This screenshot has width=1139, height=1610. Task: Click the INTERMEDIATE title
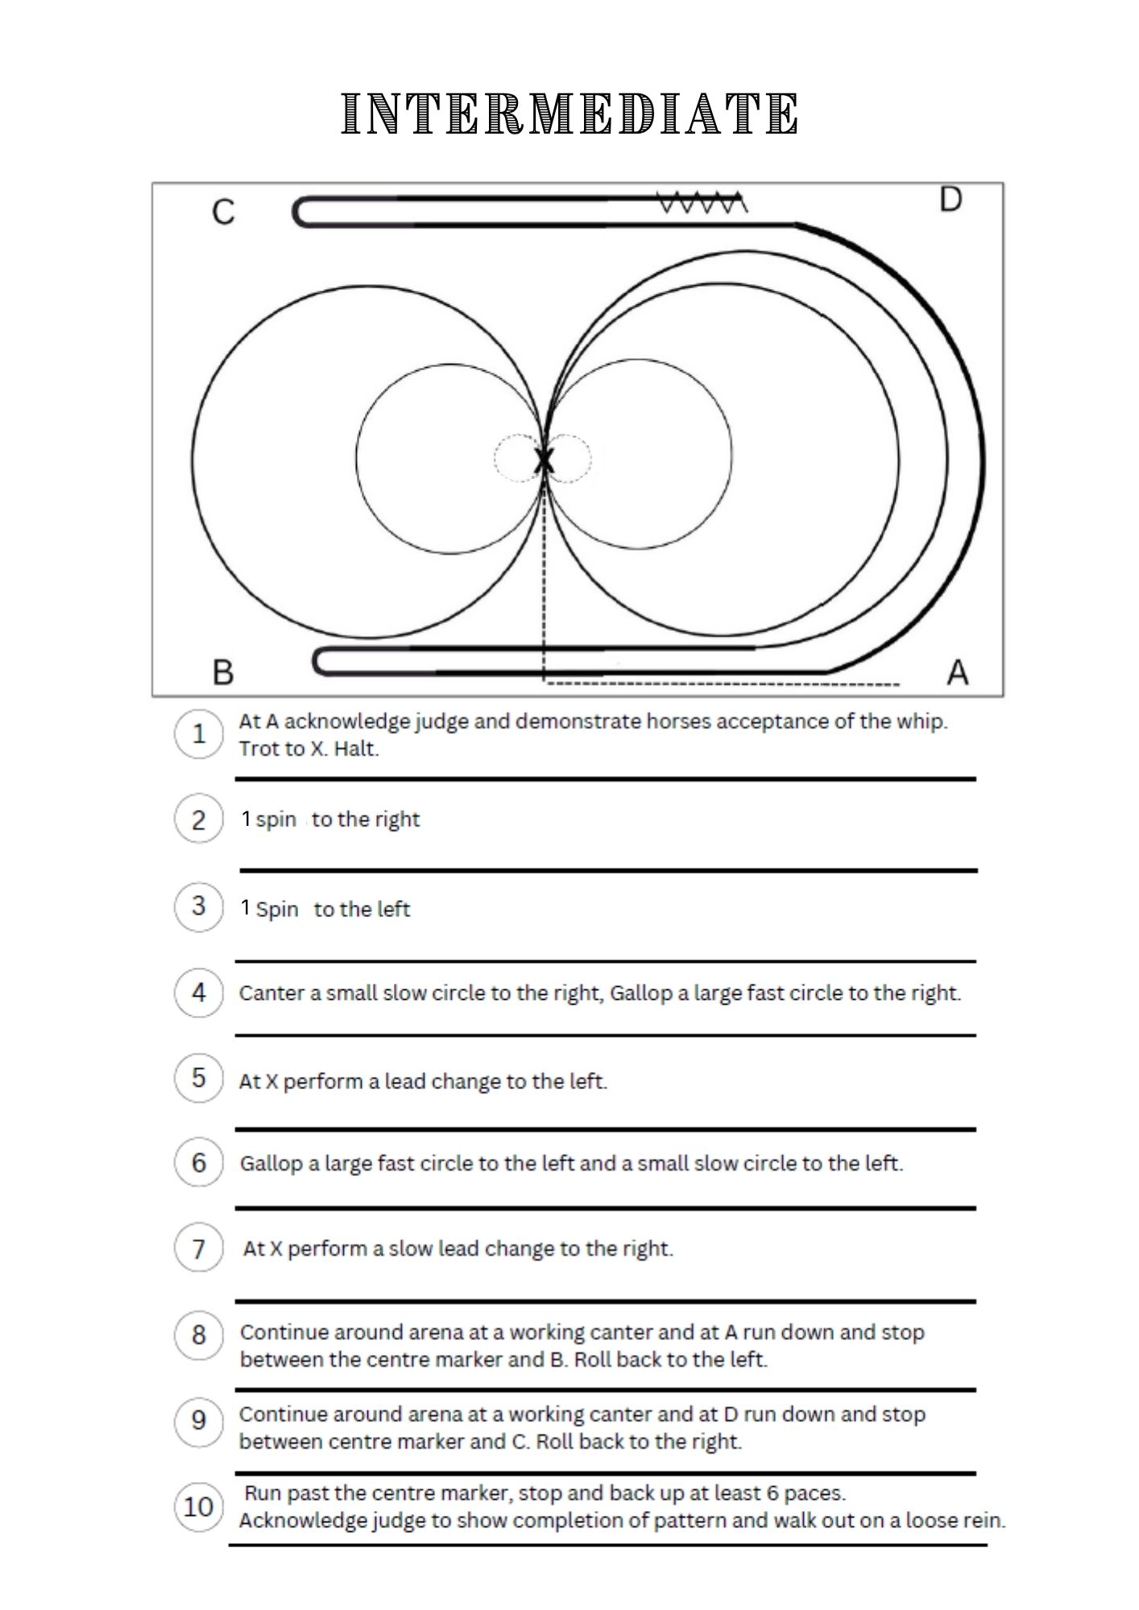tap(569, 114)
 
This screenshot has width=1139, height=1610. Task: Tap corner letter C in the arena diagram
tap(223, 213)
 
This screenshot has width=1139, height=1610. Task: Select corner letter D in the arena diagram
tap(951, 200)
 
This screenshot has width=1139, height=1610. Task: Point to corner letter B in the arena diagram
tap(223, 671)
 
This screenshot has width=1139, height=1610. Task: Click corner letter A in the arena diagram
tap(957, 671)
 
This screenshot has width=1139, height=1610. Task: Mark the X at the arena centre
tap(545, 461)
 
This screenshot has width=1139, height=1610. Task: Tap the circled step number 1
tap(198, 733)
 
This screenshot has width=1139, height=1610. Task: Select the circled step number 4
tap(198, 993)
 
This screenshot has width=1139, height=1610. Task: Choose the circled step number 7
tap(198, 1249)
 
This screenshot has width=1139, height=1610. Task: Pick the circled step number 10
tap(198, 1506)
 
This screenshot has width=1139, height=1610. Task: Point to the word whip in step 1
tap(923, 721)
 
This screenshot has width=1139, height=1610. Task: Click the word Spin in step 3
tap(277, 910)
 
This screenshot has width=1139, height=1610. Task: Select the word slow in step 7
tap(411, 1249)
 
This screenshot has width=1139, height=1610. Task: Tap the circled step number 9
tap(198, 1421)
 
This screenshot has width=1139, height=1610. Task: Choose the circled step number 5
tap(198, 1078)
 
